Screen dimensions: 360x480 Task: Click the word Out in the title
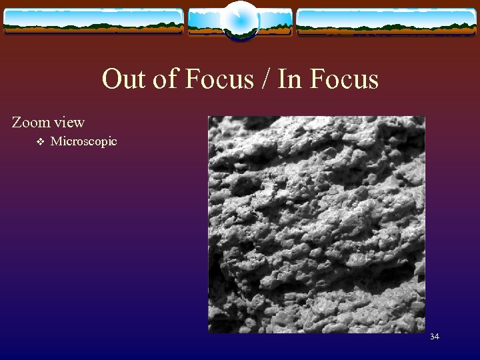coord(123,79)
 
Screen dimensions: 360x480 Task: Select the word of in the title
coord(161,79)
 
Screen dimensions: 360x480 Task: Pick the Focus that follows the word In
coord(344,79)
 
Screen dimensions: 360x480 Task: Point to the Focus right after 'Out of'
coord(218,79)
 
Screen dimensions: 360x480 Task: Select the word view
coord(69,123)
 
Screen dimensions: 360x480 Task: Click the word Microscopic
coord(83,141)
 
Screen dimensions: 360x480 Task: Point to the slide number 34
coord(435,337)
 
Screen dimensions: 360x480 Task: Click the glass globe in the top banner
coord(239,20)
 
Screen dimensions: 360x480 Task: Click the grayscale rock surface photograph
coord(316,225)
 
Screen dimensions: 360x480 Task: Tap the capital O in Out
coord(111,79)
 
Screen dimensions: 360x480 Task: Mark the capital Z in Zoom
coord(17,122)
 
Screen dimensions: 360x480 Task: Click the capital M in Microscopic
coord(55,141)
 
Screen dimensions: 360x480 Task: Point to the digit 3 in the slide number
coord(433,337)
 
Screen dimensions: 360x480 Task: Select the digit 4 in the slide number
coord(437,337)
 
